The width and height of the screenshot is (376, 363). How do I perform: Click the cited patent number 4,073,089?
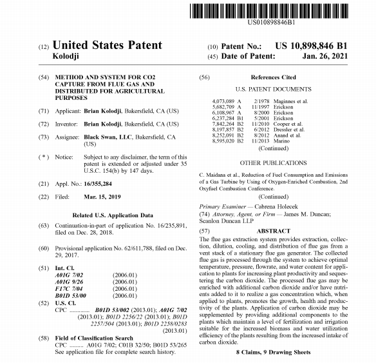coord(223,101)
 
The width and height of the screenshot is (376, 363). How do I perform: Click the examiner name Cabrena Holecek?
coord(272,205)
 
